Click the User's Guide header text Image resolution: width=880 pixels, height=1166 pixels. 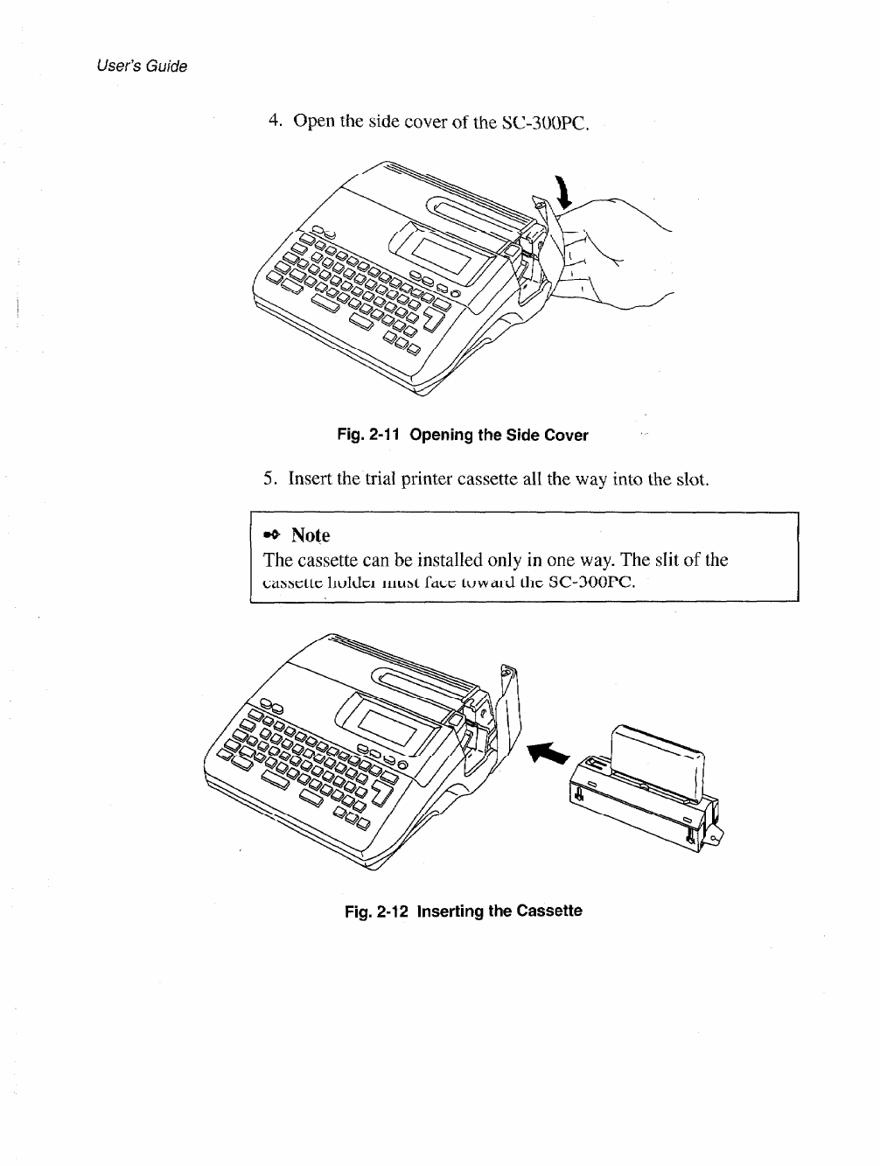[142, 66]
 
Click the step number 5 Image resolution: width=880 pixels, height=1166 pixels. [269, 479]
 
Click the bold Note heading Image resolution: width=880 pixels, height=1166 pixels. [311, 534]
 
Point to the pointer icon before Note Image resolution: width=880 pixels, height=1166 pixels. [272, 534]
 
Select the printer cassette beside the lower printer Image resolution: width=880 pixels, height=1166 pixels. [647, 783]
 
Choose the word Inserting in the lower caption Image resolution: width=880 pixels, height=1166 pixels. [450, 911]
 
